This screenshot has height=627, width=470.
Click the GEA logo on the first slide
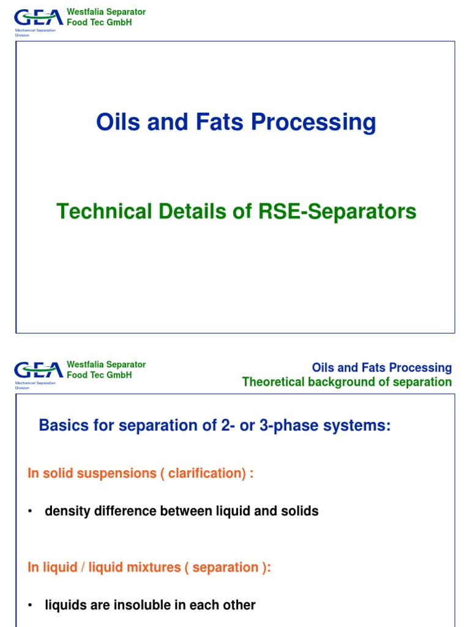click(x=38, y=17)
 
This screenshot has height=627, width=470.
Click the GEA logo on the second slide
click(x=38, y=370)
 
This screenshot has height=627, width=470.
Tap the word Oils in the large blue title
click(x=117, y=122)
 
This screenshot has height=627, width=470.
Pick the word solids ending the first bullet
click(x=301, y=511)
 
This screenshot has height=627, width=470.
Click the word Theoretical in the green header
click(x=274, y=382)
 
